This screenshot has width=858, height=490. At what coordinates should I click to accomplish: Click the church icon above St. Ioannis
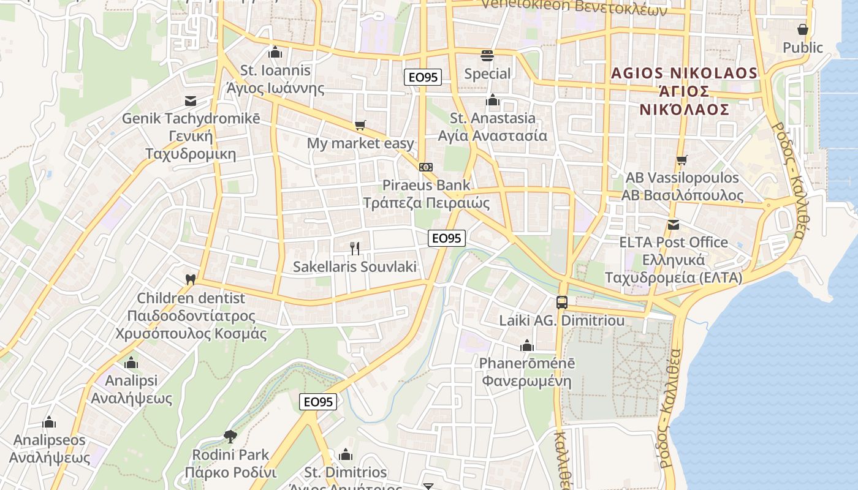click(x=275, y=52)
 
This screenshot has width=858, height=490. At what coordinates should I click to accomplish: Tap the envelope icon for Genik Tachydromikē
click(x=191, y=100)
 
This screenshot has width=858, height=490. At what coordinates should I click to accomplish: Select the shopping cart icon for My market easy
click(x=360, y=126)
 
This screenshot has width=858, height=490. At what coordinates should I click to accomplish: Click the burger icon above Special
click(x=487, y=56)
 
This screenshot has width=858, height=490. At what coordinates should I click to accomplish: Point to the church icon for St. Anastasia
click(x=493, y=100)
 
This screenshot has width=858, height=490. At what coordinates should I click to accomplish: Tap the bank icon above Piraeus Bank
click(x=426, y=167)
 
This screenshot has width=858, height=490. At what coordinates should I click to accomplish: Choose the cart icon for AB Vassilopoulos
click(x=681, y=160)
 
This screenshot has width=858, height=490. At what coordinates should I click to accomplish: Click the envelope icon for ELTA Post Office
click(x=674, y=225)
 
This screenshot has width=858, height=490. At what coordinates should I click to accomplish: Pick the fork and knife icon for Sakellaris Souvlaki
click(x=355, y=248)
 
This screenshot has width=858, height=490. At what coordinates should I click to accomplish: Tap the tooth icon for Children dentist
click(x=191, y=280)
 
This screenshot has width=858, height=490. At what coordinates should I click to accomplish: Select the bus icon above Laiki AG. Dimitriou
click(x=561, y=302)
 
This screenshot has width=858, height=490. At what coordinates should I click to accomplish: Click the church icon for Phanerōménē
click(x=527, y=345)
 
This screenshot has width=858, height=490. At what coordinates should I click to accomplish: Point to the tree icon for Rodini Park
click(x=230, y=436)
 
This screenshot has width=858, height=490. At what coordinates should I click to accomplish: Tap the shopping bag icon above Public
click(x=803, y=29)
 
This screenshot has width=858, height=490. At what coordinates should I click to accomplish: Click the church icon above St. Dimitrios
click(x=346, y=454)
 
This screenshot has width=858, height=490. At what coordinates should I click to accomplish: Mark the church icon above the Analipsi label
click(x=131, y=363)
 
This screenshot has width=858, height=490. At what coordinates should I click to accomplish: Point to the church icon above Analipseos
click(x=49, y=422)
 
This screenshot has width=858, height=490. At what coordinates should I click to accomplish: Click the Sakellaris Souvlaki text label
click(x=355, y=267)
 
